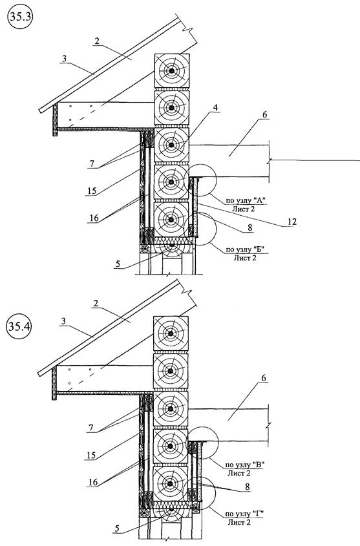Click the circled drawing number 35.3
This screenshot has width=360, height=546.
(19, 18)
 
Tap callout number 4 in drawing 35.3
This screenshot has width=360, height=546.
(215, 108)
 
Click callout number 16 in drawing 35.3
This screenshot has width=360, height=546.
(94, 218)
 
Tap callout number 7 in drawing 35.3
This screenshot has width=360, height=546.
(92, 163)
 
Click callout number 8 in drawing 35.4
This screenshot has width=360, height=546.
(247, 487)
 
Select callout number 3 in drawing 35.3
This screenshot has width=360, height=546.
(64, 59)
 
